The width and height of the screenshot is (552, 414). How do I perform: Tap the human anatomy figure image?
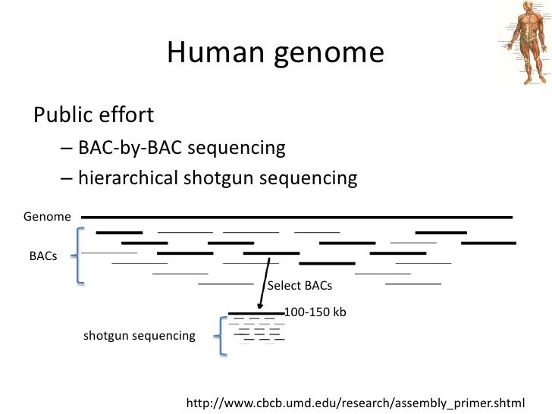(x=522, y=42)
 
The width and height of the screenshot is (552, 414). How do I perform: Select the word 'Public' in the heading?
(x=60, y=115)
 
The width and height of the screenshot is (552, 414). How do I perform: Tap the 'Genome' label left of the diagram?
(x=47, y=218)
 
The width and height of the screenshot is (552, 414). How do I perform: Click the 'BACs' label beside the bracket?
(x=43, y=256)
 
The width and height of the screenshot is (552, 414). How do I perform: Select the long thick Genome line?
(x=296, y=217)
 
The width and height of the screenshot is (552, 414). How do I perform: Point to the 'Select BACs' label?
(x=300, y=286)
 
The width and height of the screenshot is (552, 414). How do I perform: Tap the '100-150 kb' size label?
(x=315, y=311)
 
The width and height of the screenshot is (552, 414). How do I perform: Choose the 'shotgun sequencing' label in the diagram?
(x=139, y=335)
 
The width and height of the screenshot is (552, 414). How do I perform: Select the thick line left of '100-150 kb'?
(x=256, y=312)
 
